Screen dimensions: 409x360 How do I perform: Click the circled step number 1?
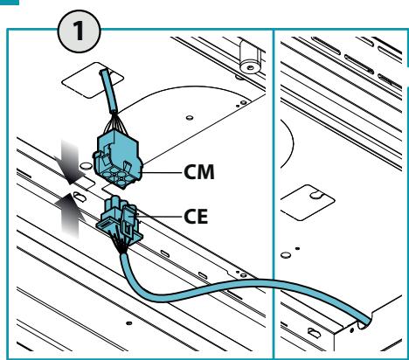click(x=80, y=31)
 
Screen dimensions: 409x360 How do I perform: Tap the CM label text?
click(x=199, y=172)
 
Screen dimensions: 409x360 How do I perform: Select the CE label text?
click(x=196, y=217)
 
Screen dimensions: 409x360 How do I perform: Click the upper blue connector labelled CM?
click(x=118, y=158)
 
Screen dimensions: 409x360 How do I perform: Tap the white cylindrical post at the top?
click(x=250, y=57)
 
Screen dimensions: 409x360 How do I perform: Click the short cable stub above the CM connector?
click(x=109, y=92)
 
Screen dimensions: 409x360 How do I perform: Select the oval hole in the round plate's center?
click(x=190, y=118)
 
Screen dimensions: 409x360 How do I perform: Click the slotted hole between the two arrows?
click(x=79, y=197)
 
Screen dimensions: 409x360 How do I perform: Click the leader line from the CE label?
click(x=159, y=217)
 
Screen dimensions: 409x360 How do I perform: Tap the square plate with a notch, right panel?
click(x=307, y=202)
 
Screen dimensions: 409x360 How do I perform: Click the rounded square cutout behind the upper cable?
click(x=93, y=80)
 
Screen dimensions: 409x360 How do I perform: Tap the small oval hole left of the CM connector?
click(x=86, y=166)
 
